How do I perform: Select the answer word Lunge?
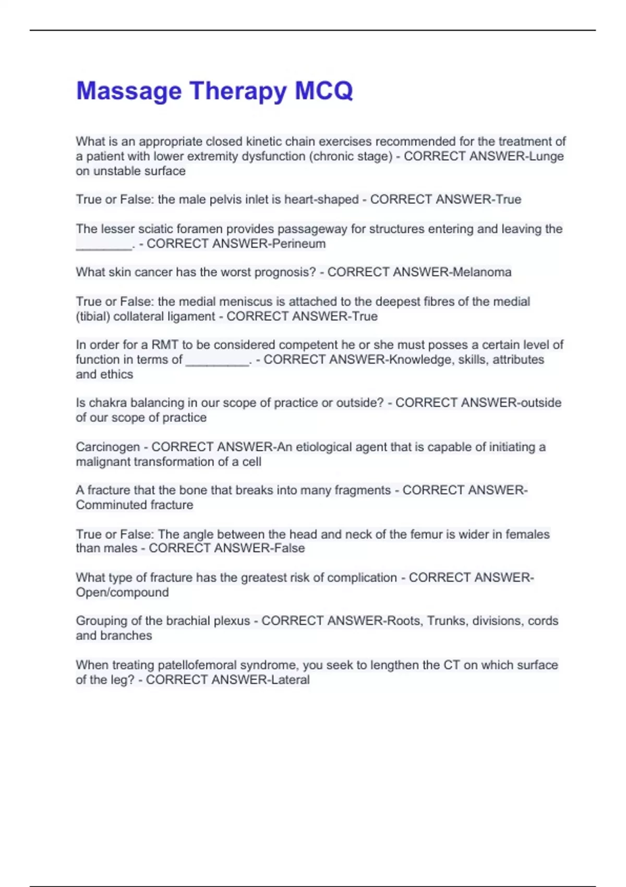tap(546, 156)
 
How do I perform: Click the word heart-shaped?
tap(321, 199)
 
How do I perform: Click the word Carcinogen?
tap(108, 447)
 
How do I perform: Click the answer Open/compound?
tap(122, 593)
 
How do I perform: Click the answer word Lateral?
tap(288, 680)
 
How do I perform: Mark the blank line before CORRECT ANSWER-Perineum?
tap(104, 246)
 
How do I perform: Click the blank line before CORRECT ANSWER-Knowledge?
tap(218, 362)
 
